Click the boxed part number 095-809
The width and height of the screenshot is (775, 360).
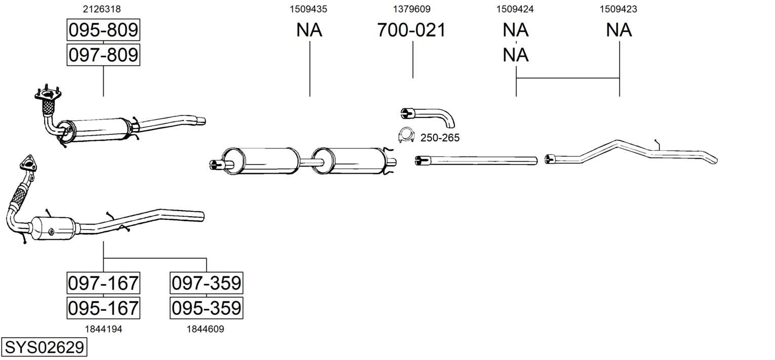coord(103,30)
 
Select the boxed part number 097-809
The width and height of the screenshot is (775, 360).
coord(103,55)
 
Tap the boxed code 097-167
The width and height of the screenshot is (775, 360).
coord(103,283)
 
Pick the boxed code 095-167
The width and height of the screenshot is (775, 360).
coord(103,308)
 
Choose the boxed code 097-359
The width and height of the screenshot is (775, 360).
coord(206,283)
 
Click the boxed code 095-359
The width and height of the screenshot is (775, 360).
coord(206,308)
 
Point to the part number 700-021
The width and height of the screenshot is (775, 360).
coord(411,30)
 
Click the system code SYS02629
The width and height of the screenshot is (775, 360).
coord(44,347)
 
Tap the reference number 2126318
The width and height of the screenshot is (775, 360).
coord(102,9)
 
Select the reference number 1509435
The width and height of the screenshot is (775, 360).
coord(308,9)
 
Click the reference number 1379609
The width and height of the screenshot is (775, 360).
coord(412,9)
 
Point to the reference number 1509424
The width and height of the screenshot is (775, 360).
coord(515,9)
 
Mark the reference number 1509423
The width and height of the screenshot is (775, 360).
coord(618,9)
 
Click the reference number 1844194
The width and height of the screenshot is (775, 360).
coord(103,329)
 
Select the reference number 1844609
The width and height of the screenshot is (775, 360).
coord(206,329)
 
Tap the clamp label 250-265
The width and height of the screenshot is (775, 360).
coord(440,138)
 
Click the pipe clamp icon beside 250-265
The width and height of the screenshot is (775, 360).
coord(407,135)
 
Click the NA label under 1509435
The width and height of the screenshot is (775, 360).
coord(309,30)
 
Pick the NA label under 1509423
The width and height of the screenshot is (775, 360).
coord(619,30)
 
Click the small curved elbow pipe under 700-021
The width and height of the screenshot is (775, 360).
coord(428,116)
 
